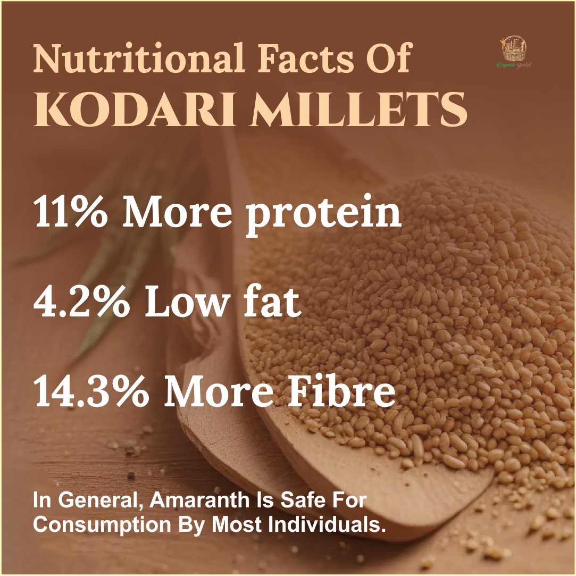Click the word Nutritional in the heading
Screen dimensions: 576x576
138,57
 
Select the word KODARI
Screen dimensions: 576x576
133,110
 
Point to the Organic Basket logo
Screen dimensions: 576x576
514,53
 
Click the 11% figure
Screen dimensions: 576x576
71,212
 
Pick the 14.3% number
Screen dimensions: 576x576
91,393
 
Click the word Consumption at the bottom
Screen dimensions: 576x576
102,526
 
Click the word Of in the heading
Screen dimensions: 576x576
388,57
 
